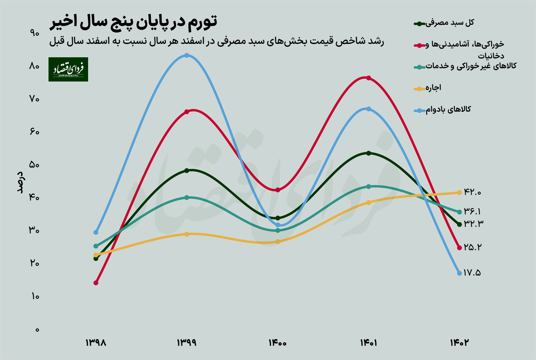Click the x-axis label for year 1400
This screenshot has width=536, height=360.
(x=278, y=343)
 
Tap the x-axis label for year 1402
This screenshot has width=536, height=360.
(x=459, y=343)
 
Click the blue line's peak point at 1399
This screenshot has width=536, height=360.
(x=187, y=55)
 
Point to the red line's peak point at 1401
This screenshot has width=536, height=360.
(x=368, y=78)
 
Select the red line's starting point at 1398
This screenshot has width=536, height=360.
(x=96, y=283)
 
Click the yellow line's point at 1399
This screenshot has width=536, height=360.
(x=187, y=234)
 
